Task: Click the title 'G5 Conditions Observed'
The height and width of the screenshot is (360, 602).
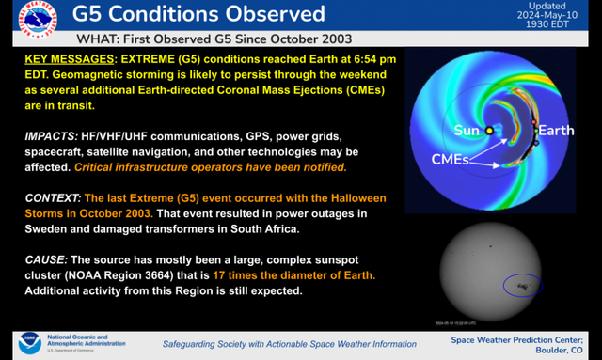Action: [x=199, y=14]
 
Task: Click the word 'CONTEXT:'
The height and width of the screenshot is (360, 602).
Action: [x=54, y=199]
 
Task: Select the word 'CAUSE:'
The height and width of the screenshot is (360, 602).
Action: [x=48, y=260]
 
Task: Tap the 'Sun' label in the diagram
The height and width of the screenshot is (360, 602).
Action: [x=467, y=129]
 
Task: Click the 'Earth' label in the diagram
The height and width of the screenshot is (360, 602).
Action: [x=558, y=130]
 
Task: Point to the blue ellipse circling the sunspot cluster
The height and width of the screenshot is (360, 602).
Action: [x=522, y=284]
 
